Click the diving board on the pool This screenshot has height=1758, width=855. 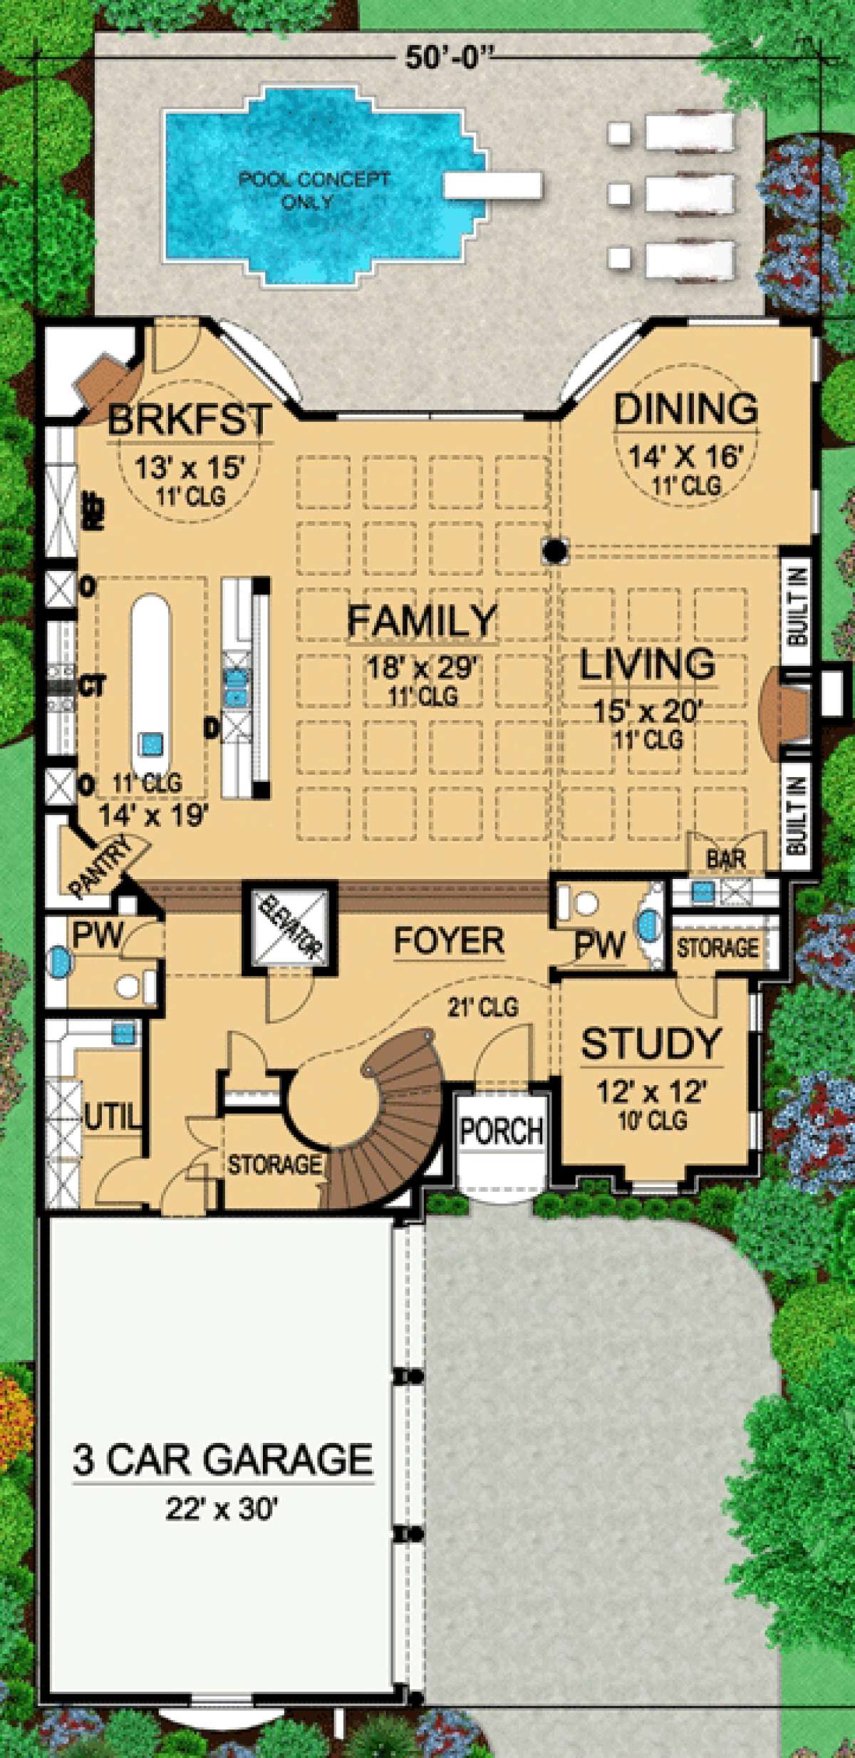point(492,185)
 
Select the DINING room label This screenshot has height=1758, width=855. point(685,408)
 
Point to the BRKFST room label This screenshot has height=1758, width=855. point(190,419)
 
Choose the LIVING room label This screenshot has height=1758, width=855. point(647,664)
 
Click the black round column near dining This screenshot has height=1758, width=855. point(555,550)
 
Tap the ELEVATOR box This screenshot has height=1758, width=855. point(289,928)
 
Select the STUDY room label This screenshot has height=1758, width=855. point(651,1044)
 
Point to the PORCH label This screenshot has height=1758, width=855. point(502,1131)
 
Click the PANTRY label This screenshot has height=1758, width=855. point(102,866)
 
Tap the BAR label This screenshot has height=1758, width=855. point(726,859)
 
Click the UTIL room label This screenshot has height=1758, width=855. point(113,1116)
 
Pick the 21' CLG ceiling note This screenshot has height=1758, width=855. point(482,1007)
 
